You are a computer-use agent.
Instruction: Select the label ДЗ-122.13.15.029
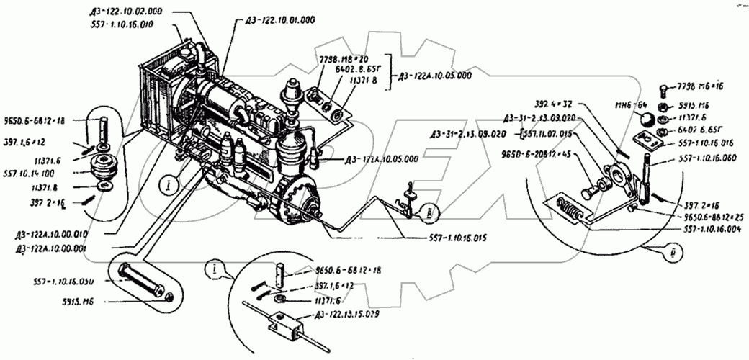click(x=346, y=315)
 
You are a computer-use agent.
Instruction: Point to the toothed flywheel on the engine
click(x=296, y=199)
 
